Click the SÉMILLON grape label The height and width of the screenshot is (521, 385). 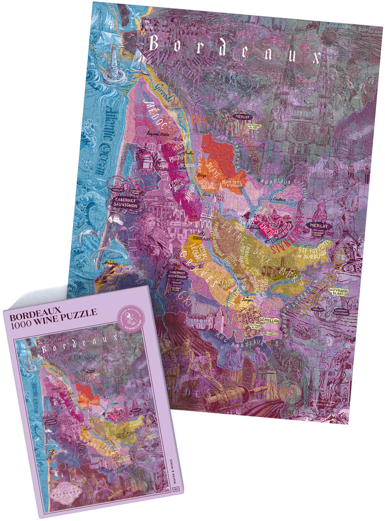[269, 321]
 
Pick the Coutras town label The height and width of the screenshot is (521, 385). [279, 197]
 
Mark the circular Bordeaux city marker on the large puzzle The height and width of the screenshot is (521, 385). [202, 234]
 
